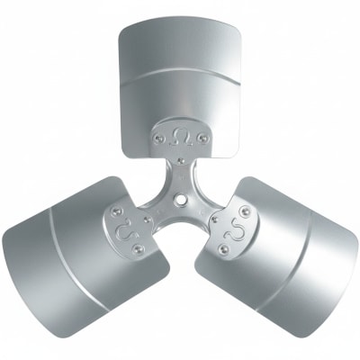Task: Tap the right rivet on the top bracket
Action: tap(203, 139)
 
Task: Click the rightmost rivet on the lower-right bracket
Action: tap(246, 211)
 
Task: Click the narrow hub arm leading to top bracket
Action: tap(180, 176)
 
